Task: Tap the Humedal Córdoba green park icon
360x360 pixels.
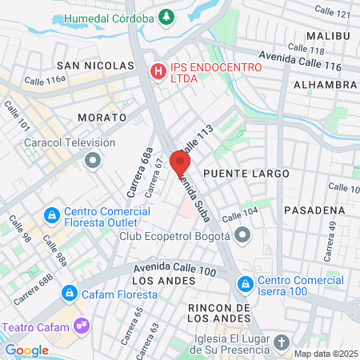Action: pos(166,17)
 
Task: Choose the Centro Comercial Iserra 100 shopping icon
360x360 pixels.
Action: pos(245,283)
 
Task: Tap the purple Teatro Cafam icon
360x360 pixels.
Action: pos(80,326)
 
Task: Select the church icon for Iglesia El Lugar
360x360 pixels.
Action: pos(281,342)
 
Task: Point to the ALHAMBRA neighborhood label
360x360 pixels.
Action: pos(325,84)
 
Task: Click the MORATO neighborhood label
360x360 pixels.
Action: pos(102,117)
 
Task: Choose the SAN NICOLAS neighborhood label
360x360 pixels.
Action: pos(94,65)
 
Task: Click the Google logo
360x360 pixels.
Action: pos(26,350)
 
